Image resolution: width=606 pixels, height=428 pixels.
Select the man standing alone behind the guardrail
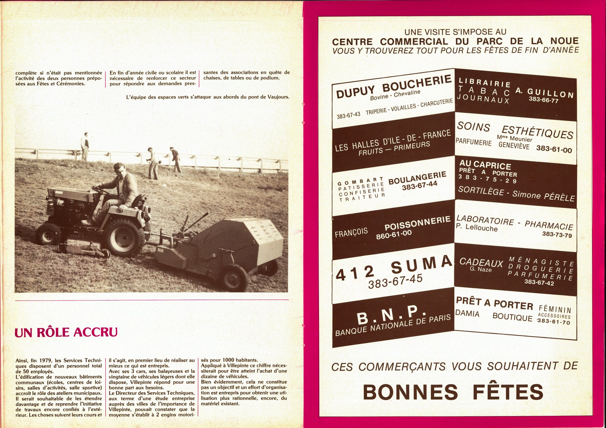85,146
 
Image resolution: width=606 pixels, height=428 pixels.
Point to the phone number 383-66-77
544,100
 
